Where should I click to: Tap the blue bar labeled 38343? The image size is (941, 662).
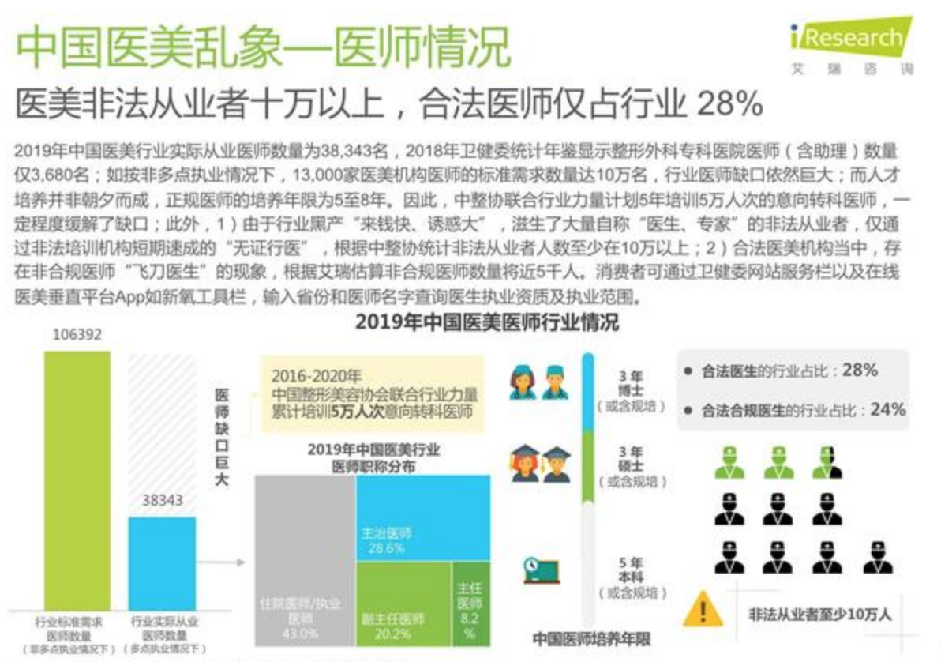(x=162, y=562)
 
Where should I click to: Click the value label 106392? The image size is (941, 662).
(x=77, y=335)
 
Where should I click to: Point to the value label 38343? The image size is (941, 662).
(x=162, y=500)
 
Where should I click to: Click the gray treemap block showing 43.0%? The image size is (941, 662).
(x=305, y=561)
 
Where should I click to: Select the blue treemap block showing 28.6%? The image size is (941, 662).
(x=422, y=517)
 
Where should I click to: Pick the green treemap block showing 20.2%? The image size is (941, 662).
(x=403, y=604)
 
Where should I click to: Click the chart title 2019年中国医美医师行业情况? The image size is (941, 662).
(x=486, y=322)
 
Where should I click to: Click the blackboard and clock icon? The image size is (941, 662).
(x=542, y=570)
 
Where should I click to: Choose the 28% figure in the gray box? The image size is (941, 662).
(x=860, y=370)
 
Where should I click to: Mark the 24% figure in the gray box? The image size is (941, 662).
(x=887, y=409)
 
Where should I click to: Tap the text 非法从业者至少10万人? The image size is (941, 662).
(x=819, y=614)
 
